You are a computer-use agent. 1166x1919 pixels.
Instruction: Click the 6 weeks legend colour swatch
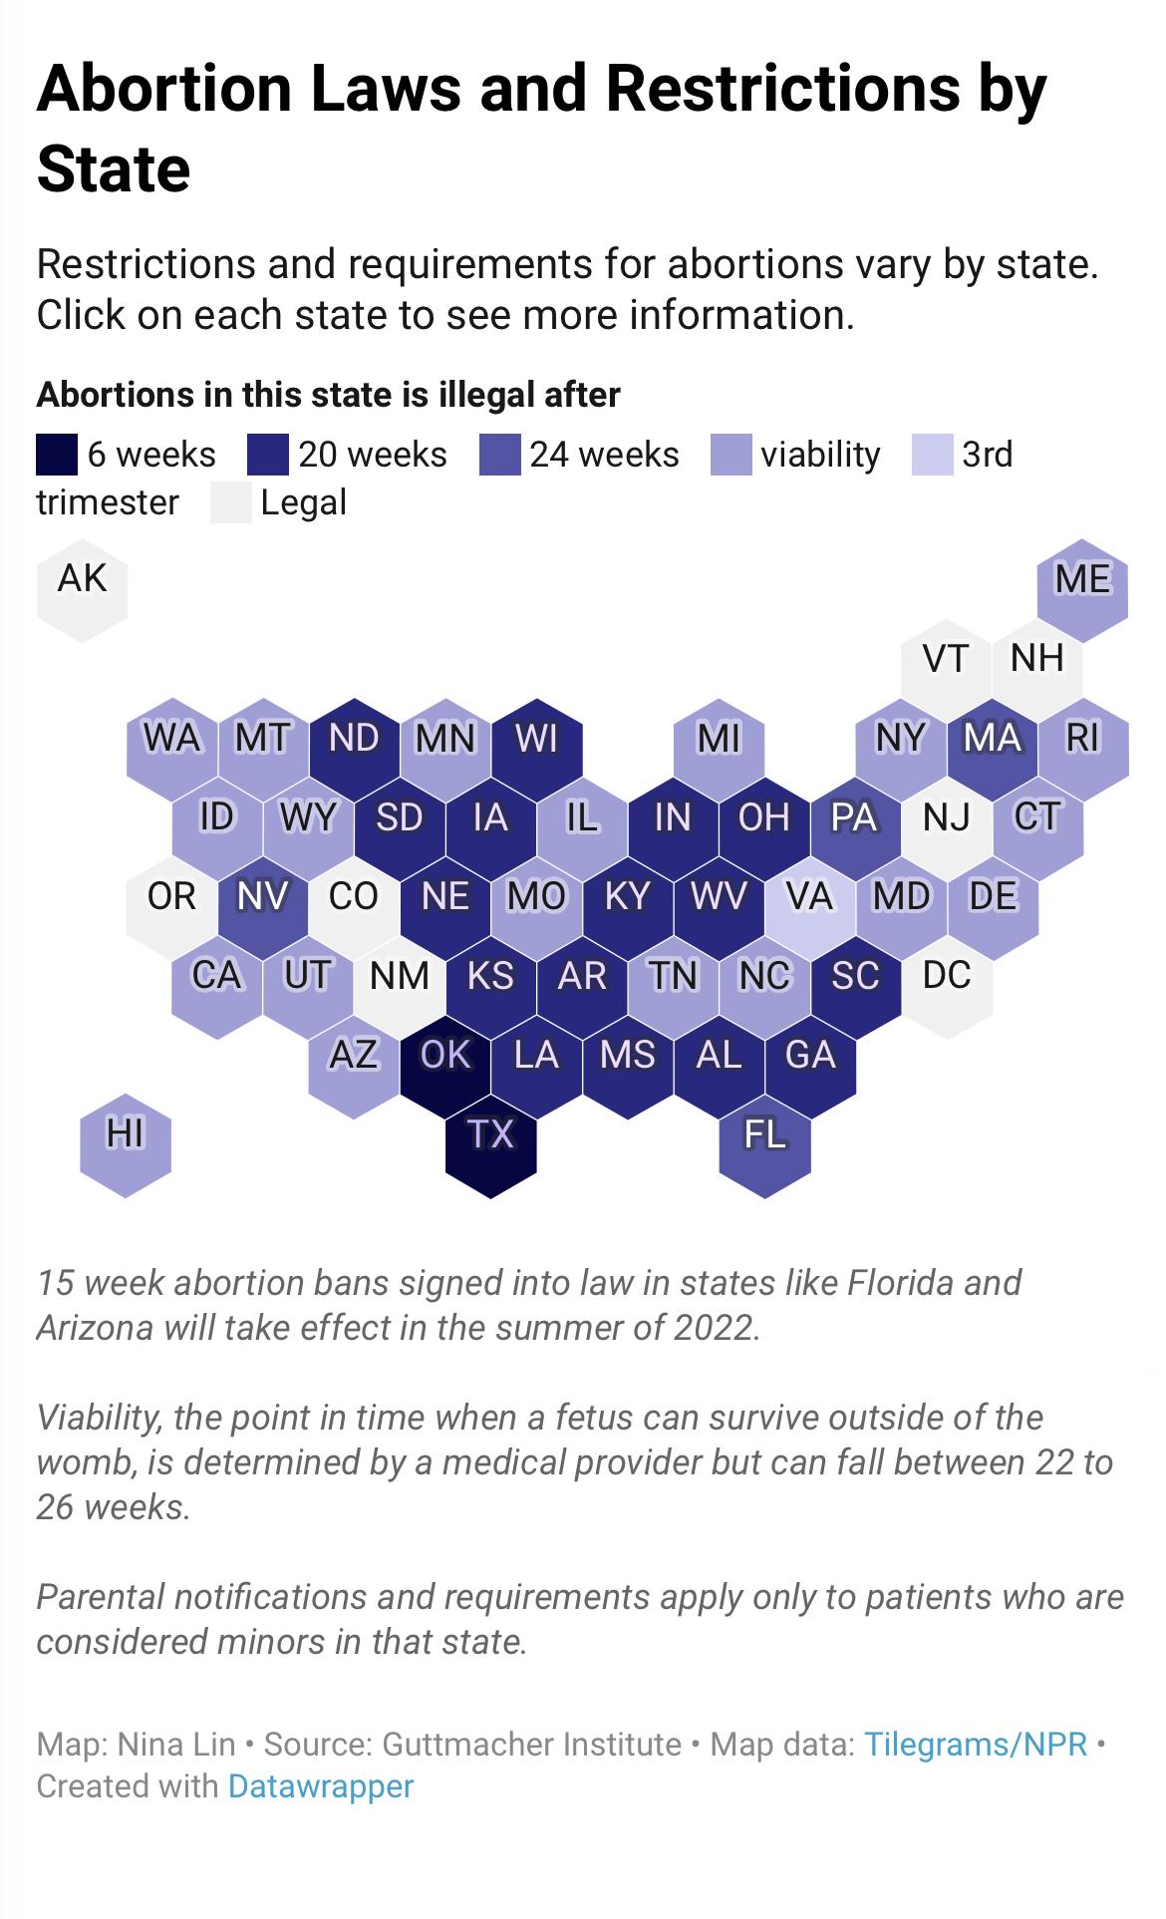point(57,455)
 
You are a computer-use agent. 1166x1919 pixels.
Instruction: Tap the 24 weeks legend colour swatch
point(499,455)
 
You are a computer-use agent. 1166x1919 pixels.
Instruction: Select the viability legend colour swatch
point(730,455)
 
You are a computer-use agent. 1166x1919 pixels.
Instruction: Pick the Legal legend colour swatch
point(230,502)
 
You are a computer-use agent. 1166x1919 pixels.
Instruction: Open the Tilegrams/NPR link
point(976,1744)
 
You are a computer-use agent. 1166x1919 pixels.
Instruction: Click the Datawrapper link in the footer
point(321,1785)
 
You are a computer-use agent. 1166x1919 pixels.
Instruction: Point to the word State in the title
point(114,168)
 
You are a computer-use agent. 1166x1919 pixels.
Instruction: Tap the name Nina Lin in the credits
point(176,1744)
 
